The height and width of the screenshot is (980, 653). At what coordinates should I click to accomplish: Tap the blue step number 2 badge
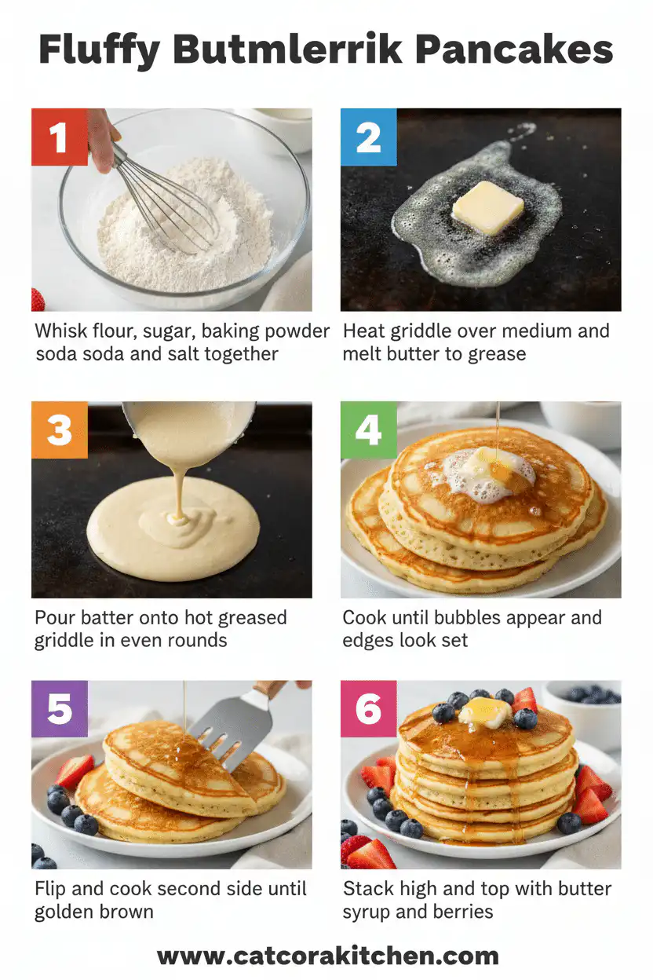368,137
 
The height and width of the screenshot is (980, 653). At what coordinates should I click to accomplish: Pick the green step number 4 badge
368,430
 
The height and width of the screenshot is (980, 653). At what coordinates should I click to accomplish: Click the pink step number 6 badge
368,709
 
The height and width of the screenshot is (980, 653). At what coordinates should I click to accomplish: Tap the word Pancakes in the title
513,51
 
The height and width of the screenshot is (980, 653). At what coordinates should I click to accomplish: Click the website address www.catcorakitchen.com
327,956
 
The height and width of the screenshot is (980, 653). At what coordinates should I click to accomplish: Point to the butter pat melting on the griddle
487,207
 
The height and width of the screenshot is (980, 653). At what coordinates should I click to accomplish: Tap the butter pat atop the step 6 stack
485,711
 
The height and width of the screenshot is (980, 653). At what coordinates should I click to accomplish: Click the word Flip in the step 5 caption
49,890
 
